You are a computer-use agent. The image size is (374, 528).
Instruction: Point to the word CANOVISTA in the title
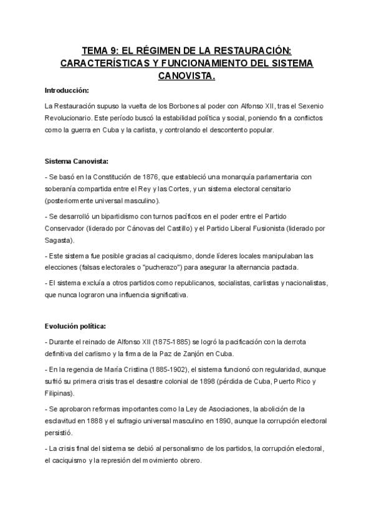pos(186,75)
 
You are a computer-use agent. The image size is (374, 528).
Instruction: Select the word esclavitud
pos(63,420)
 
